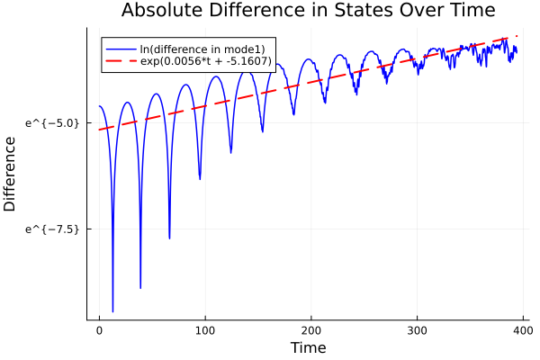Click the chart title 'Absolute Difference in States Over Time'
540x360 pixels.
click(309, 11)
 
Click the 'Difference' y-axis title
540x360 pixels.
click(10, 174)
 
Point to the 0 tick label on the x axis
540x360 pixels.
click(99, 330)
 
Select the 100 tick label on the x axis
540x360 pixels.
click(205, 330)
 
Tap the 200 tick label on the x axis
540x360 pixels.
click(311, 330)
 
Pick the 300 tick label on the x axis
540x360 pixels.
click(418, 330)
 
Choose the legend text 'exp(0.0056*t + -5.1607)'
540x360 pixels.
click(207, 60)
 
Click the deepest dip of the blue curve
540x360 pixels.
click(112, 311)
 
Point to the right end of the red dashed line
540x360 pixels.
click(517, 37)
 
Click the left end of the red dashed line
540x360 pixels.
click(99, 130)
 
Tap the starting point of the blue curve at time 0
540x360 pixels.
click(99, 106)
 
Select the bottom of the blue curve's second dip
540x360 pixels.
click(140, 288)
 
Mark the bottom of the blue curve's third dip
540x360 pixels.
click(169, 238)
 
